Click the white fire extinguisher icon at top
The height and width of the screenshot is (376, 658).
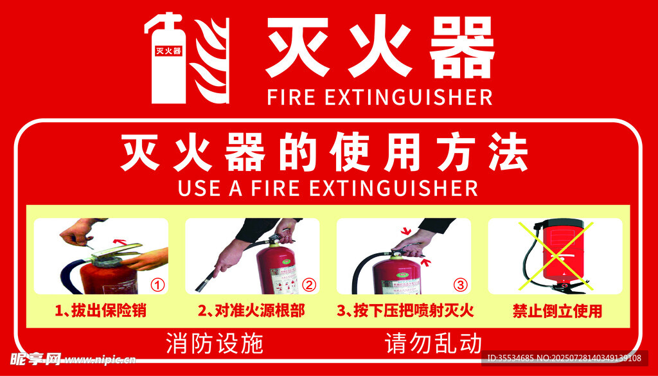(168, 58)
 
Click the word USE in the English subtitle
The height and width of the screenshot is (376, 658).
(198, 188)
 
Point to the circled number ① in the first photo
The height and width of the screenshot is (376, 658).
(157, 286)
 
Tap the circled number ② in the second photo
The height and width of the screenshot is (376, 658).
(309, 286)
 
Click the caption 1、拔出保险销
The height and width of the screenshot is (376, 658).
(101, 311)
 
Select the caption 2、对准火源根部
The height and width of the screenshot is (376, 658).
(251, 311)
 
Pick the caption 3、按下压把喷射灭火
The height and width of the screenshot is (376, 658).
(405, 311)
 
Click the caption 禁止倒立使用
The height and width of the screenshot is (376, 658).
(557, 311)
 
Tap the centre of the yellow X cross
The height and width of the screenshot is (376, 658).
(555, 256)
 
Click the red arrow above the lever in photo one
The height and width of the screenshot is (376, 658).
(120, 241)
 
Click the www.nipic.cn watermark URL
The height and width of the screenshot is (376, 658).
(101, 360)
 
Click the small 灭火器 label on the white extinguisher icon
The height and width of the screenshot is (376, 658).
(168, 51)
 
